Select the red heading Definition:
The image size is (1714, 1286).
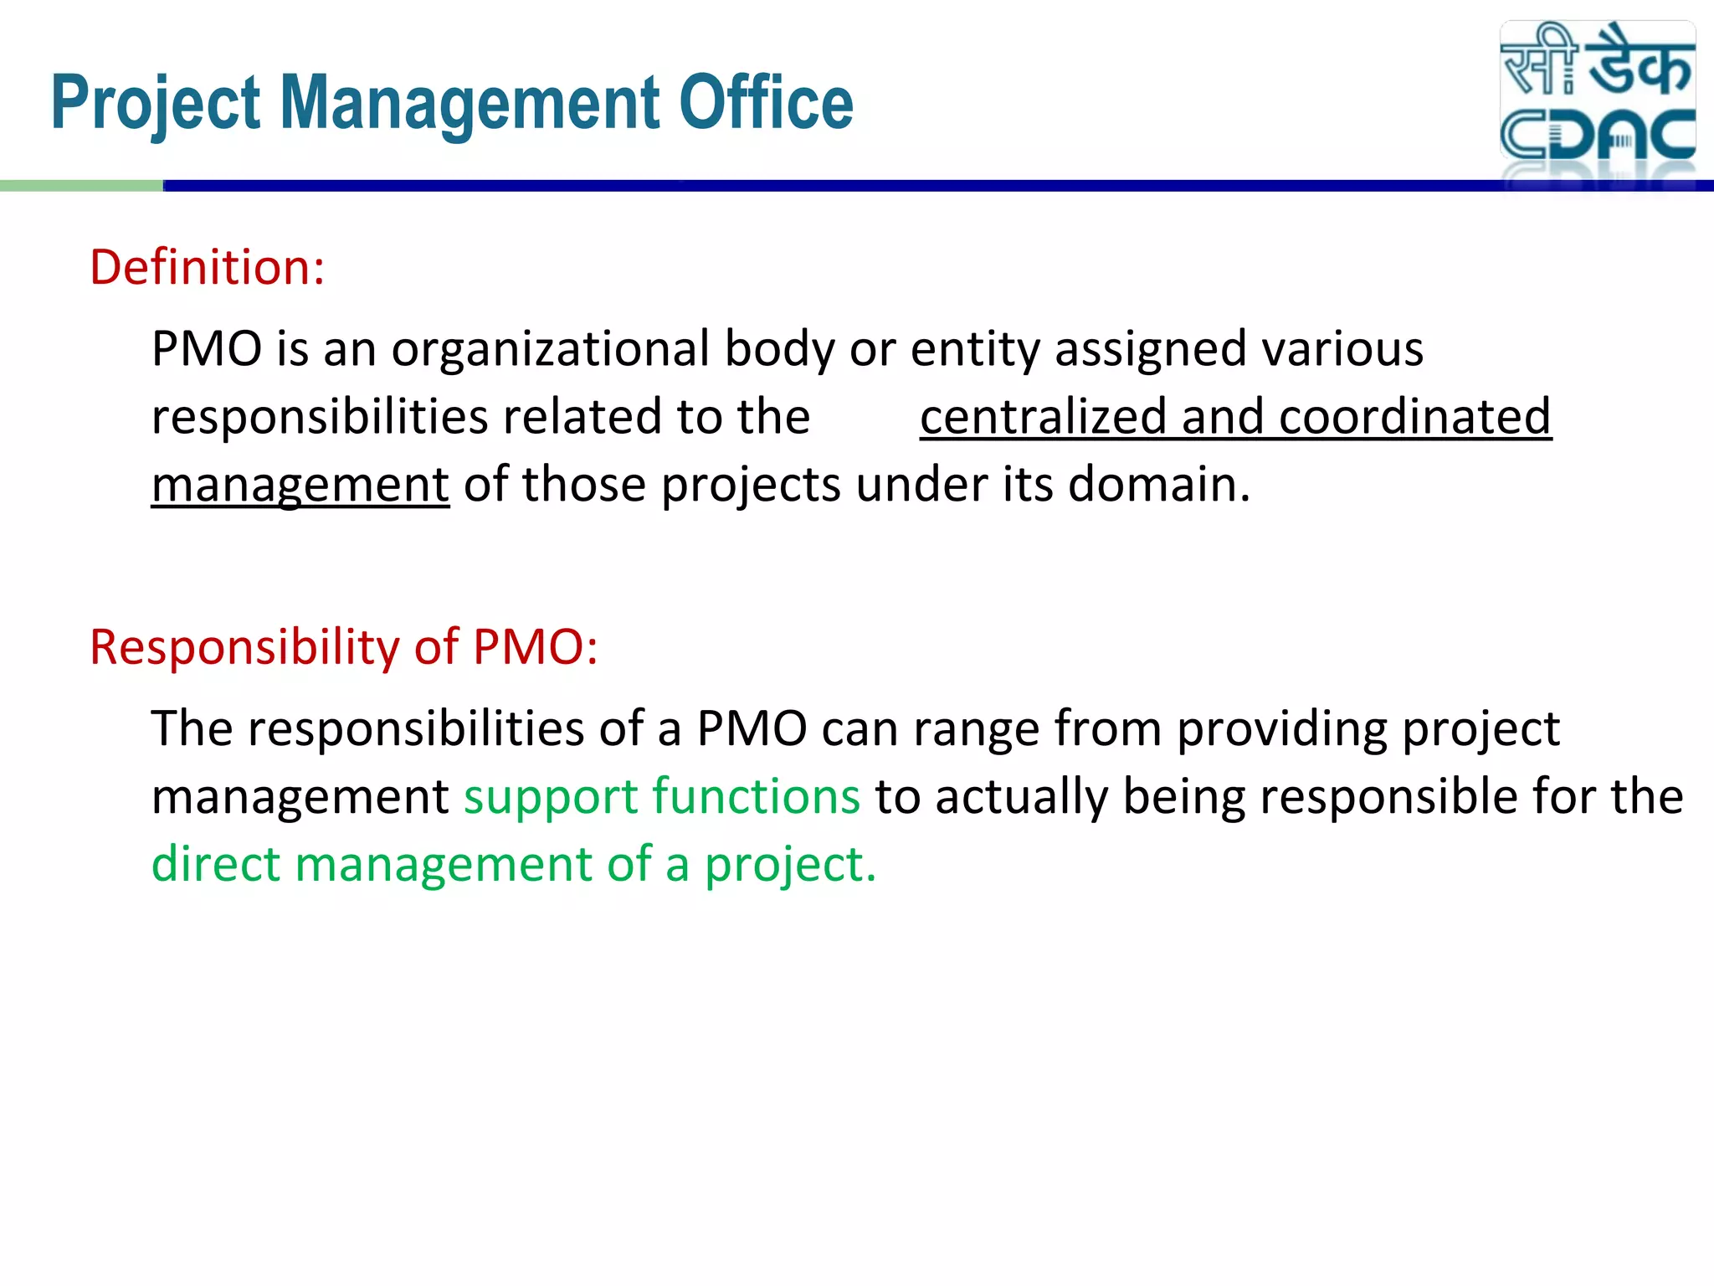click(x=207, y=268)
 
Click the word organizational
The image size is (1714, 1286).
click(x=550, y=348)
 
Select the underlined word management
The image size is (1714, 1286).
click(x=300, y=486)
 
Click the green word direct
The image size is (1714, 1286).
click(x=215, y=864)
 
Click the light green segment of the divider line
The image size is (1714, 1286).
click(x=81, y=186)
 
